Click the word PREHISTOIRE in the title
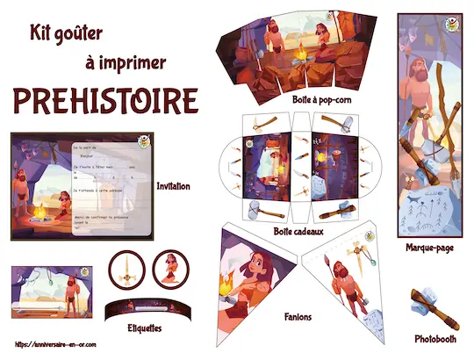click(104, 101)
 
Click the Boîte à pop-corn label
click(323, 100)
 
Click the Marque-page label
click(429, 248)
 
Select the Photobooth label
click(436, 338)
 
